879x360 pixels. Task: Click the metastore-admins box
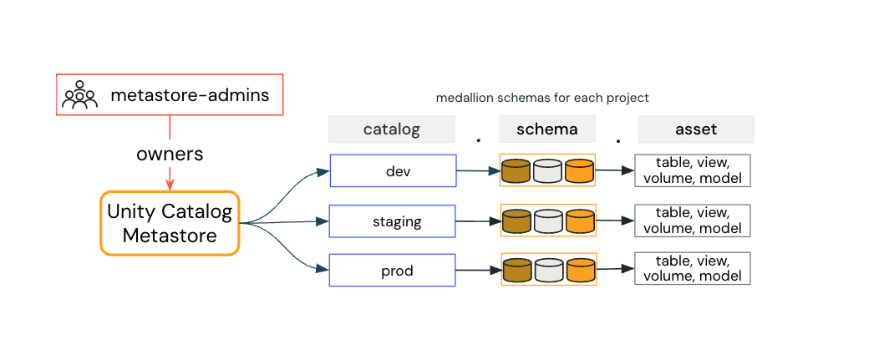coord(170,94)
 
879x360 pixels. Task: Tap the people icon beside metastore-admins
coord(79,95)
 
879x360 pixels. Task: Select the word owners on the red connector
coord(170,155)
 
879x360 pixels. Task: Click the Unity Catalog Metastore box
coord(170,223)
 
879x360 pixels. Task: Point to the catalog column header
coord(391,129)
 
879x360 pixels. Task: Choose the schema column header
coord(547,129)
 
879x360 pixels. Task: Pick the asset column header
coord(696,129)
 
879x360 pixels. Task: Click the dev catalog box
coord(393,170)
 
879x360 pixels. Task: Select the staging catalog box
coord(393,221)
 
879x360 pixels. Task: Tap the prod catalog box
coord(393,271)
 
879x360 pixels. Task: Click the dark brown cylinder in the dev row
coord(516,171)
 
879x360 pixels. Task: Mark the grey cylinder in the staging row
coord(548,221)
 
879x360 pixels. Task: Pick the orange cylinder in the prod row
coord(580,270)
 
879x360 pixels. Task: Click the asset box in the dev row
coord(693,170)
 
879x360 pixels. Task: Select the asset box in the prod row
coord(693,268)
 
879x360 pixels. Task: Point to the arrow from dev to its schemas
coord(477,171)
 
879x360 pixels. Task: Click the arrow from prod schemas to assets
coord(615,269)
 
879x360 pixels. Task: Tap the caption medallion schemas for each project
coord(542,98)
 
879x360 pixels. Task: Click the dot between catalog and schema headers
coord(478,141)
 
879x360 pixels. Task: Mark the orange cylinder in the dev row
coord(579,171)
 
